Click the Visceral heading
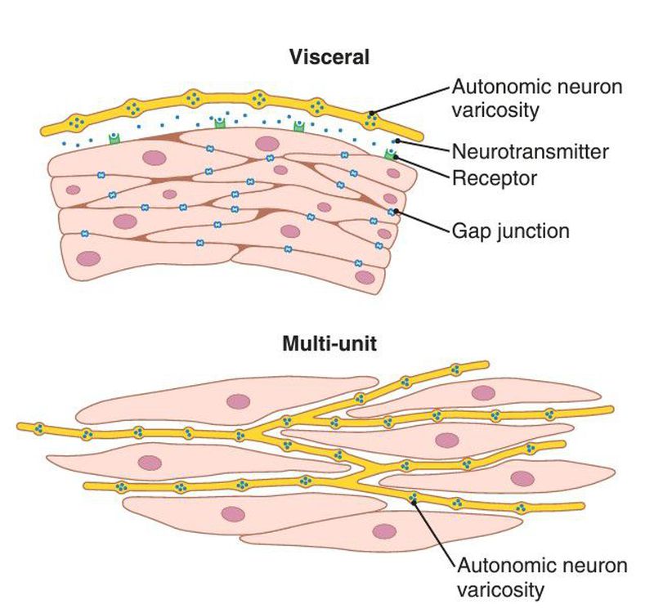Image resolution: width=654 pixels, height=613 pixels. point(329,57)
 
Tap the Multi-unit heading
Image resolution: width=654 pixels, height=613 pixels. point(329,343)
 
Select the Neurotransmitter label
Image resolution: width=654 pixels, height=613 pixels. point(530,151)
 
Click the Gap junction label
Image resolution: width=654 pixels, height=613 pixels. point(509,230)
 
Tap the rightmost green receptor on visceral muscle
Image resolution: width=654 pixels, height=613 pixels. point(391,153)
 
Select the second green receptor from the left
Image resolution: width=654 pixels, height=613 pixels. point(219,123)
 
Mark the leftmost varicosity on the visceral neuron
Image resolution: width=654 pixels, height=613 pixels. point(77,123)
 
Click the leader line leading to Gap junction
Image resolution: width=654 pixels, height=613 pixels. point(422,221)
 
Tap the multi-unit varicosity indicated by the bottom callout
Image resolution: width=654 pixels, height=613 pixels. point(414,497)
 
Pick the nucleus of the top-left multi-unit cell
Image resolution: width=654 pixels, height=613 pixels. point(238,401)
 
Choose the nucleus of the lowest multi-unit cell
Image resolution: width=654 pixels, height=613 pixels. point(384,531)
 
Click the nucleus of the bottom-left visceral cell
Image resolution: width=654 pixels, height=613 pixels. point(88,259)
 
